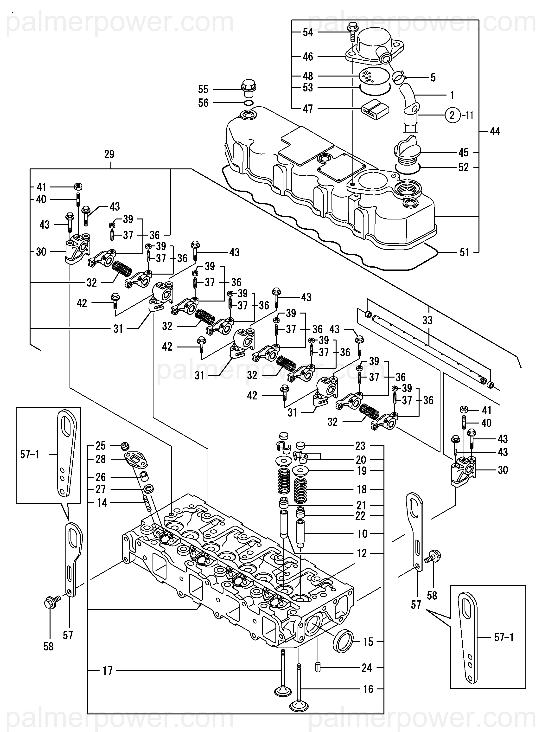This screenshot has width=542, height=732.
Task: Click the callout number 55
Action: [x=203, y=89]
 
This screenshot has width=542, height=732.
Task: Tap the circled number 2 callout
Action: [x=453, y=115]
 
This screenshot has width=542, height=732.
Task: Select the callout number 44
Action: [x=495, y=132]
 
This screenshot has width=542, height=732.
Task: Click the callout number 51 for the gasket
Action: [x=464, y=252]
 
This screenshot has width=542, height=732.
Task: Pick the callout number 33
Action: [x=427, y=320]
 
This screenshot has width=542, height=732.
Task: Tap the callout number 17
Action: [x=108, y=671]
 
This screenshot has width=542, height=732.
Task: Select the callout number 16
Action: [x=368, y=689]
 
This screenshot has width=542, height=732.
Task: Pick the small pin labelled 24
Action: [x=318, y=667]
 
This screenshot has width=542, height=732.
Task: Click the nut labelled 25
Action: [x=125, y=446]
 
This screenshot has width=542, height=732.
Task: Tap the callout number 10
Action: [x=362, y=534]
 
